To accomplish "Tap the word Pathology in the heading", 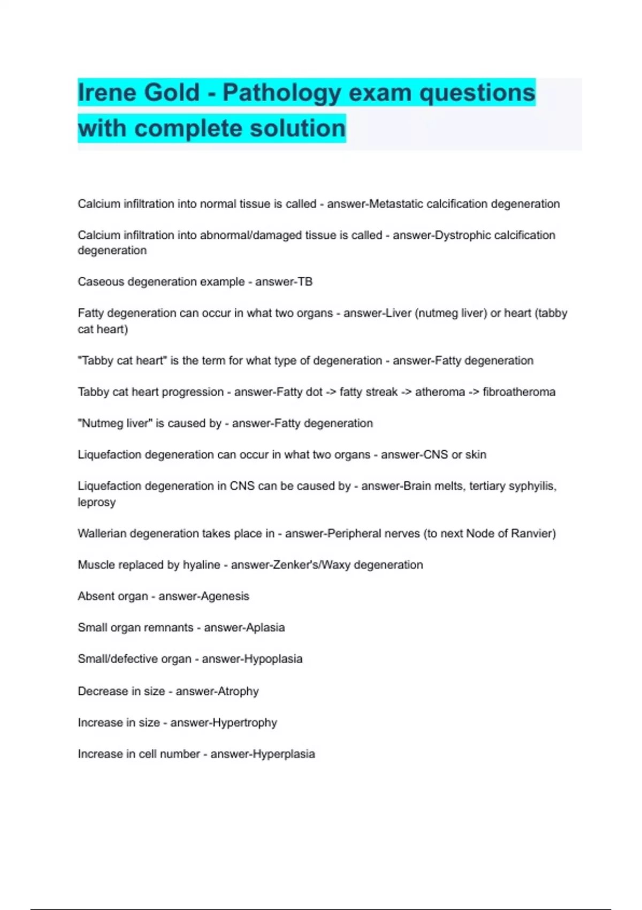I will pyautogui.click(x=281, y=94).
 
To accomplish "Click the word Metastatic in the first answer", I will pyautogui.click(x=396, y=204).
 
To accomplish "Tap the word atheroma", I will pyautogui.click(x=440, y=392).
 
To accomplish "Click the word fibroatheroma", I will pyautogui.click(x=519, y=392).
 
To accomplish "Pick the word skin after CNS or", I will pyautogui.click(x=476, y=454).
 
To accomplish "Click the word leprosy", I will pyautogui.click(x=96, y=503).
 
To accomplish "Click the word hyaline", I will pyautogui.click(x=201, y=565).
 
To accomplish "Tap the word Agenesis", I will pyautogui.click(x=225, y=596).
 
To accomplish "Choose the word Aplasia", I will pyautogui.click(x=264, y=627).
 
